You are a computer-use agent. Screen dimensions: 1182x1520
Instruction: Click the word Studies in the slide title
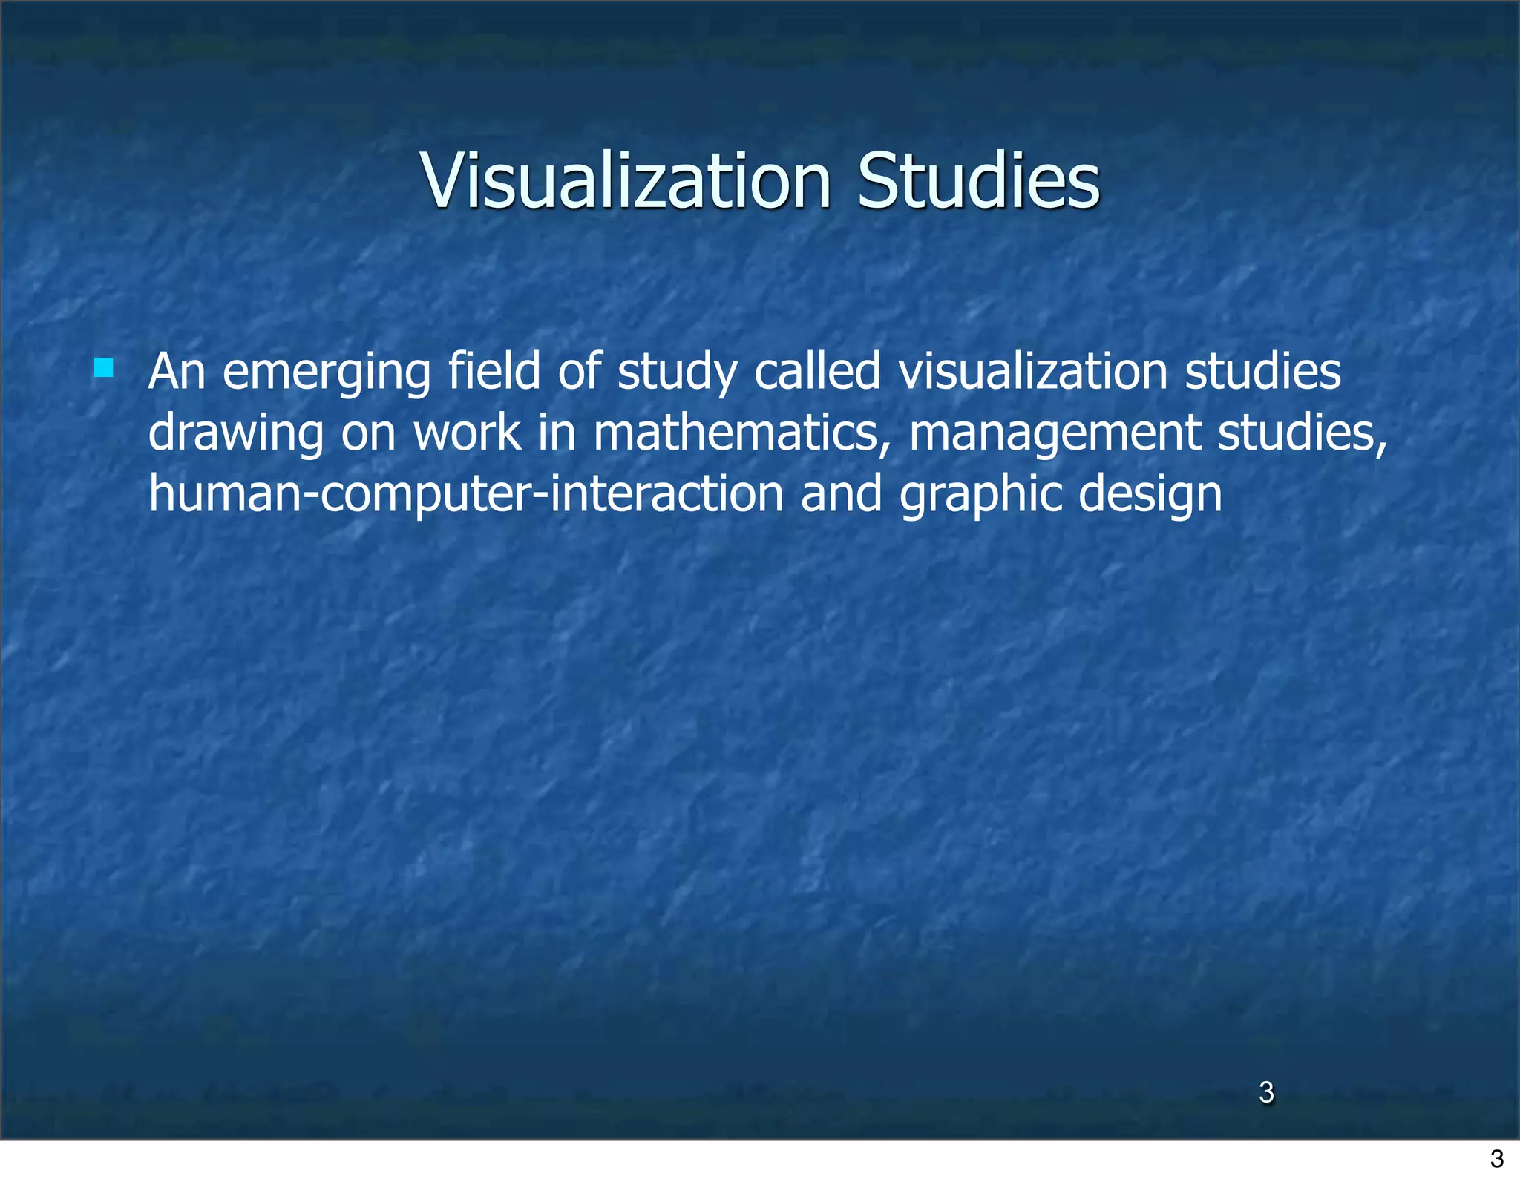tap(978, 181)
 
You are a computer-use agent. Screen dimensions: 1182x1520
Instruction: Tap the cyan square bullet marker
tap(104, 368)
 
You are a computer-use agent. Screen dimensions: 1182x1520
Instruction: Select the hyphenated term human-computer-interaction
tap(466, 494)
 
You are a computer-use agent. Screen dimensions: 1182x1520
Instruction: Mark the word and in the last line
tap(841, 494)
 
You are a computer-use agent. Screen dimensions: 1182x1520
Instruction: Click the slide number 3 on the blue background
tap(1266, 1092)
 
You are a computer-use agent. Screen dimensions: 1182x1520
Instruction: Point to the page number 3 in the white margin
tap(1497, 1158)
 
